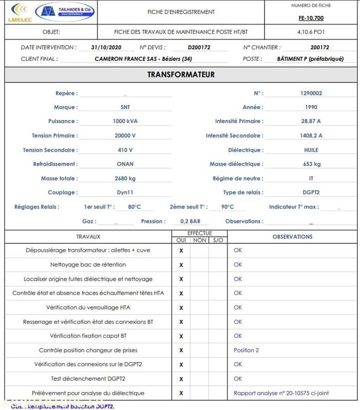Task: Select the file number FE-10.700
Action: tap(311, 18)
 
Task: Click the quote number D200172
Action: tap(199, 47)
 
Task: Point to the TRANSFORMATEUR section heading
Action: tap(181, 74)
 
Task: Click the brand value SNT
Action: tap(125, 107)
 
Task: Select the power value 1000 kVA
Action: tap(125, 121)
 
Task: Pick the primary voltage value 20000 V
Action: tap(125, 136)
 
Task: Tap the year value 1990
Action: tap(311, 107)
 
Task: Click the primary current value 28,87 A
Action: tap(311, 121)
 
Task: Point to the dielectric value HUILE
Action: tap(311, 150)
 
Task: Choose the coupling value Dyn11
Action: tap(125, 193)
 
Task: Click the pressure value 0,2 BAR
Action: tap(191, 221)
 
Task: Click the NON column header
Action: tap(199, 240)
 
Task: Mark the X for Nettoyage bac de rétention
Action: tap(181, 265)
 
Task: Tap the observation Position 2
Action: tap(246, 350)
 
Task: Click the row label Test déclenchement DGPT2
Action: tap(88, 379)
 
